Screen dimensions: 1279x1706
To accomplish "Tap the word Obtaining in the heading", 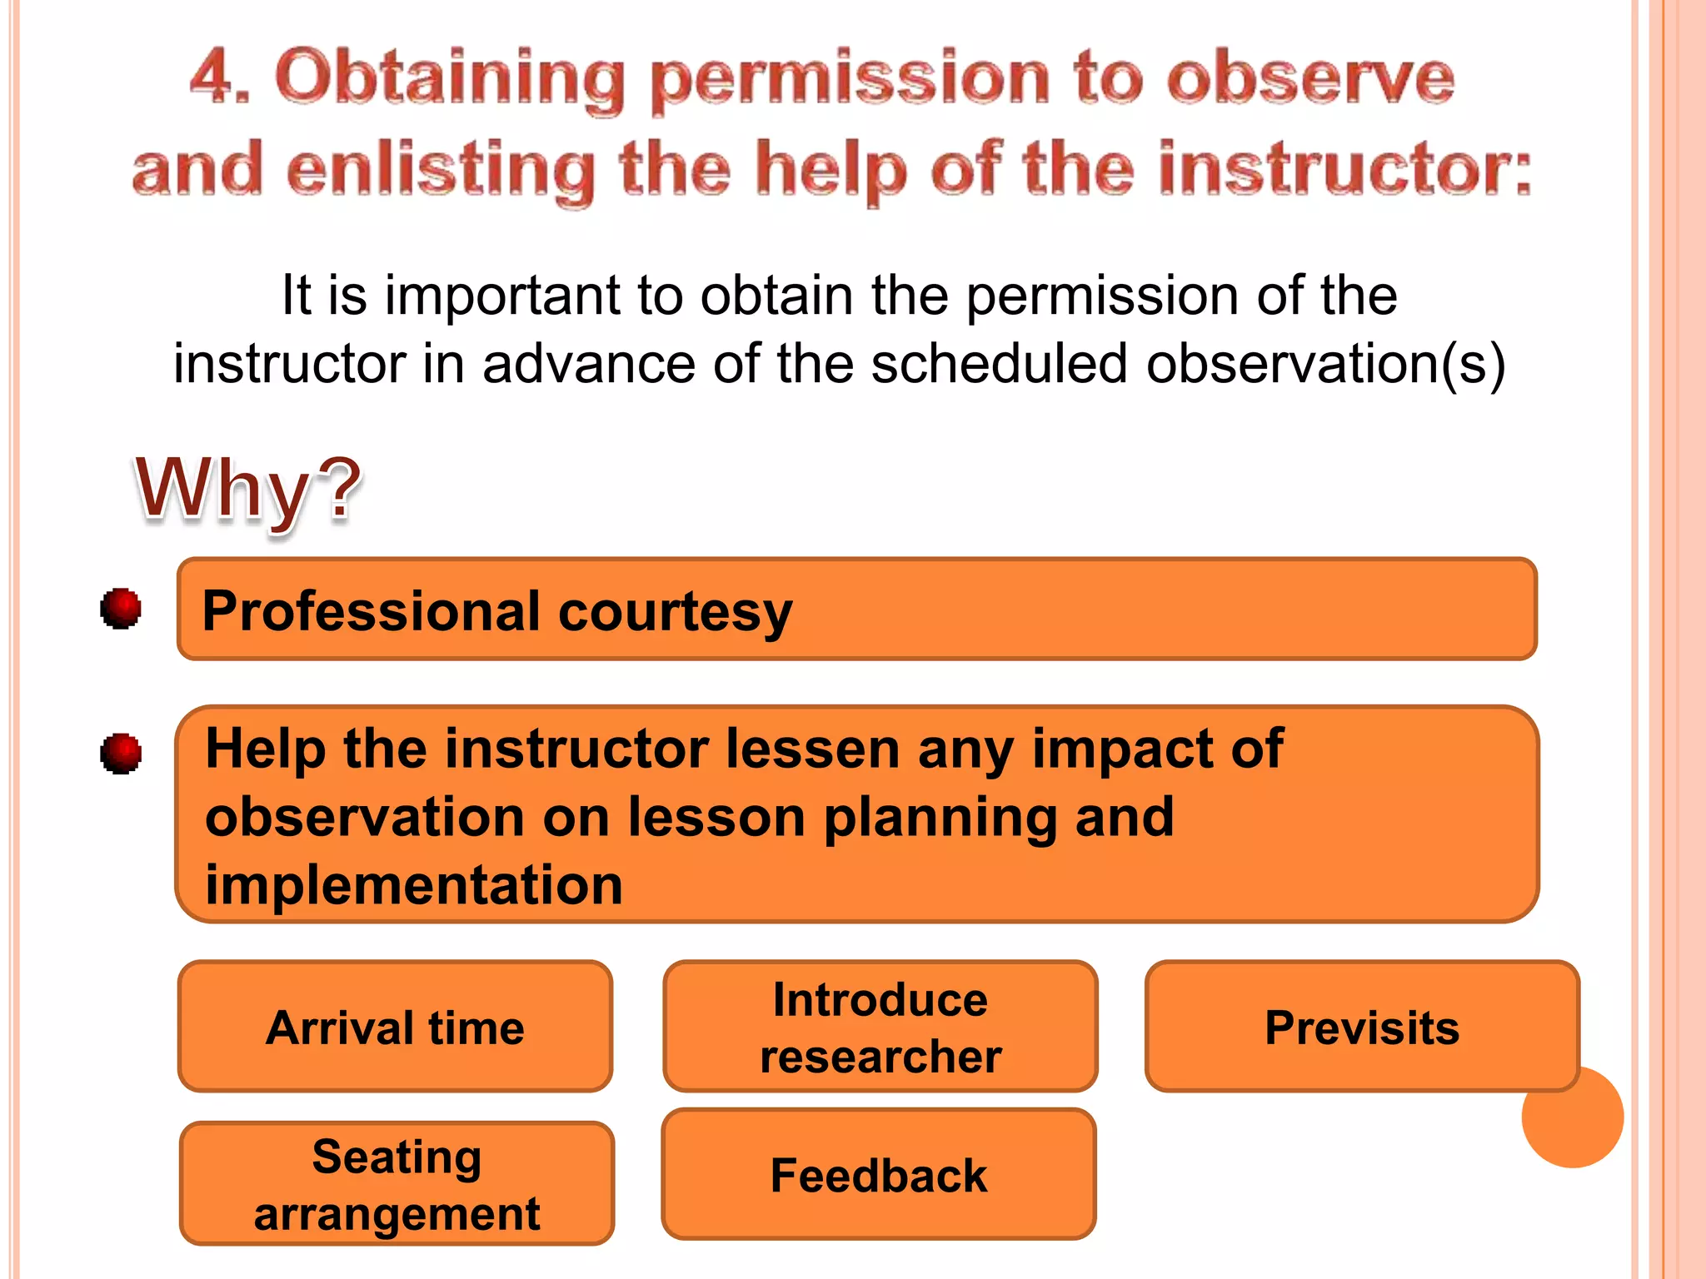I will [x=450, y=79].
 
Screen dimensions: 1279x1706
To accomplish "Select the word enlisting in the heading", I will [x=441, y=171].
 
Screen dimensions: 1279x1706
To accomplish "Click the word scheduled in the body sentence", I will [x=998, y=364].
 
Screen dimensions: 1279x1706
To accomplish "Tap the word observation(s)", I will [x=1325, y=364].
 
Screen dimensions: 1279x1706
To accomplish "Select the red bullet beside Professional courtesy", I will [x=121, y=608].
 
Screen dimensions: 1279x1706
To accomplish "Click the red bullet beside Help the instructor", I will [x=121, y=754].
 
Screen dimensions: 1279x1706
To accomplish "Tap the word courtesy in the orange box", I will [x=675, y=612].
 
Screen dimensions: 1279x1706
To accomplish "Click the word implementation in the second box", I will [x=414, y=884].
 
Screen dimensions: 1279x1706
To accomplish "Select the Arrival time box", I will [x=395, y=1027].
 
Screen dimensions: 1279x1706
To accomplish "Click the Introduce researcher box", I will [x=880, y=1027].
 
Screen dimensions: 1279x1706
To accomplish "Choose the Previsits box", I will [x=1361, y=1027].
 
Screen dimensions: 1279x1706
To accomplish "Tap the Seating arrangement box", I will [x=397, y=1183].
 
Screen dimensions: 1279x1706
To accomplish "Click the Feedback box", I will [x=878, y=1175].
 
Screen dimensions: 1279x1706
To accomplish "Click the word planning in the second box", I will [x=940, y=817].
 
